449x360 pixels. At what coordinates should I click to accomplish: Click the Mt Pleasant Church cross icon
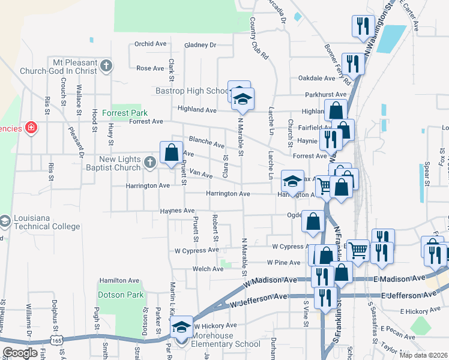pyautogui.click(x=106, y=66)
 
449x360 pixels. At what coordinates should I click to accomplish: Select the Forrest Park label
pyautogui.click(x=124, y=112)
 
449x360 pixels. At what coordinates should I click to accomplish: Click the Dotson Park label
pyautogui.click(x=121, y=295)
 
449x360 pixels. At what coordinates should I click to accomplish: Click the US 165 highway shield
pyautogui.click(x=58, y=340)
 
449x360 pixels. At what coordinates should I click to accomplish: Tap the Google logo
pyautogui.click(x=19, y=353)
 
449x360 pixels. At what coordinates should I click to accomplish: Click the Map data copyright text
pyautogui.click(x=425, y=354)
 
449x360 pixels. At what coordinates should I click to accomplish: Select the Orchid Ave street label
pyautogui.click(x=150, y=44)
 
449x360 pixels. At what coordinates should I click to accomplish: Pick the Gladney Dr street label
pyautogui.click(x=200, y=44)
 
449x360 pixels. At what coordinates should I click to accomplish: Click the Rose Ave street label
pyautogui.click(x=150, y=68)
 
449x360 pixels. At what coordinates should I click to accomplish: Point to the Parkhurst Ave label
pyautogui.click(x=325, y=94)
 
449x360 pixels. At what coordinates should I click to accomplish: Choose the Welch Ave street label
pyautogui.click(x=208, y=269)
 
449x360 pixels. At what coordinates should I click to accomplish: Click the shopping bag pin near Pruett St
pyautogui.click(x=171, y=152)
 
